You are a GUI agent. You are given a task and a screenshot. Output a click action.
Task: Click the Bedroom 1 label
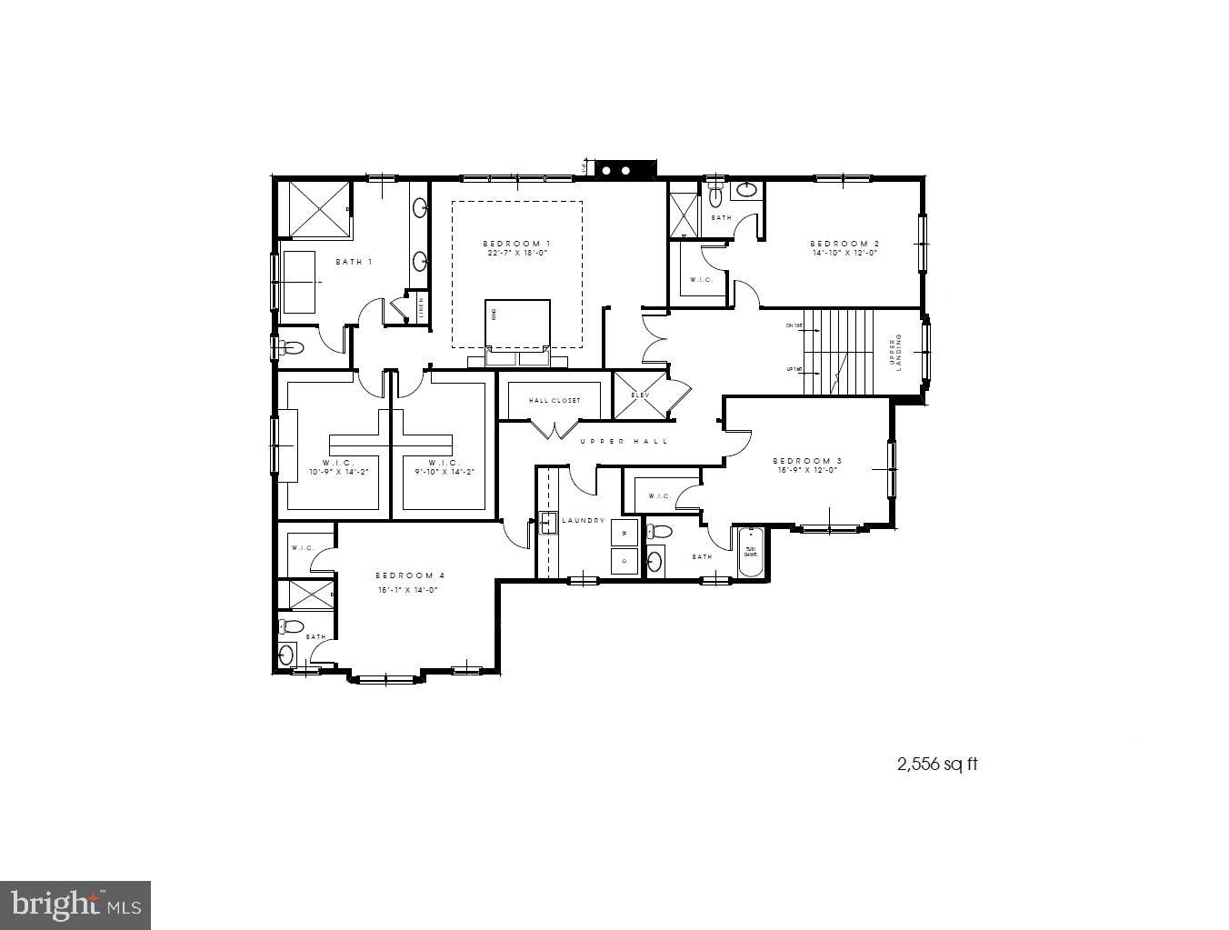pos(516,244)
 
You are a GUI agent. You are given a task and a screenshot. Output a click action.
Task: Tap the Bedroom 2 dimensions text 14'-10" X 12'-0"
pos(844,254)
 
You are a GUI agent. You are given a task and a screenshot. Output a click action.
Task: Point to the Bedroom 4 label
pos(410,575)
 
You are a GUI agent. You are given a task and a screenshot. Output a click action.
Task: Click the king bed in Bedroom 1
pos(518,324)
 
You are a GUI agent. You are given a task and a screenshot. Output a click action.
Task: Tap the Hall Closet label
pos(555,400)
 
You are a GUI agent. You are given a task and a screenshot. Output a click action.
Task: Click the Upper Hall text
pos(624,441)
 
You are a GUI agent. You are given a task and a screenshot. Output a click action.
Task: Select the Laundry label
pos(584,520)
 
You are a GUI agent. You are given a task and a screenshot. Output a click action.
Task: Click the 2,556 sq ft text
pos(937,765)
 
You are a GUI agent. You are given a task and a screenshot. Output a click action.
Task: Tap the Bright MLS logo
pos(75,905)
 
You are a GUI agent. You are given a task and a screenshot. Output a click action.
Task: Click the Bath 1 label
pos(355,262)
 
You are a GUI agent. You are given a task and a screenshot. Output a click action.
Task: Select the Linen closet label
pos(421,307)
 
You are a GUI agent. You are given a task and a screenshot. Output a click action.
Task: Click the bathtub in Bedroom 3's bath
pos(751,553)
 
